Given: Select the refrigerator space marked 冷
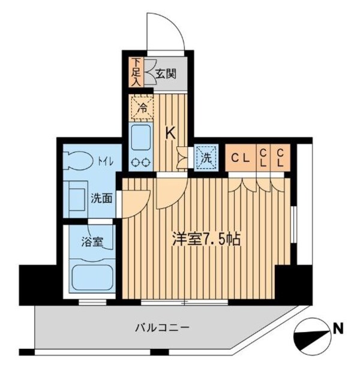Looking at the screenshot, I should click(142, 108).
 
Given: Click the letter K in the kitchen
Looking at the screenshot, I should click(170, 134).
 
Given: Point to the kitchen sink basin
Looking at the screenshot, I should click(141, 138).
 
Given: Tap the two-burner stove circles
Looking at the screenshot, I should click(142, 161).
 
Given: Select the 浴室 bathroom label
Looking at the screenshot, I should click(92, 243).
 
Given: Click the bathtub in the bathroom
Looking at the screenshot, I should click(92, 276).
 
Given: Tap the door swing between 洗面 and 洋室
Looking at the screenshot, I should click(137, 201).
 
